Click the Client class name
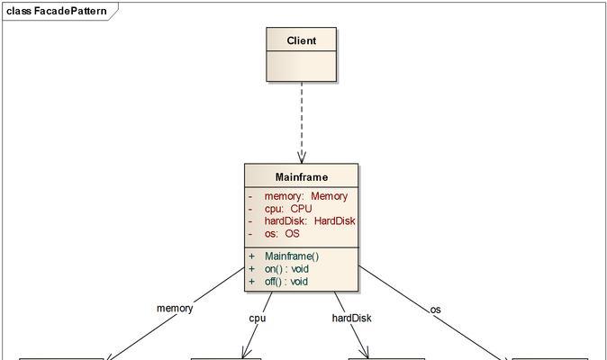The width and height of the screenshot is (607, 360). pyautogui.click(x=301, y=40)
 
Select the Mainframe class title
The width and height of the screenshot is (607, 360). pyautogui.click(x=302, y=177)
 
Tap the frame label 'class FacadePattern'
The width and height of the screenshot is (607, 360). pyautogui.click(x=57, y=11)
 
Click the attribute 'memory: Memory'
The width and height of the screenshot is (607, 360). pyautogui.click(x=306, y=196)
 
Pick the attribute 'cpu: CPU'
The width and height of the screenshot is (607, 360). pyautogui.click(x=288, y=209)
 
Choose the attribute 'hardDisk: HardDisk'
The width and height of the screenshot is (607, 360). pyautogui.click(x=310, y=221)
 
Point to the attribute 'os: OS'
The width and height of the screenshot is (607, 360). pyautogui.click(x=282, y=234)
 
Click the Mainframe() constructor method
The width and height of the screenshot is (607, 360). pyautogui.click(x=292, y=256)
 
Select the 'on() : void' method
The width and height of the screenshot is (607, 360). pyautogui.click(x=286, y=269)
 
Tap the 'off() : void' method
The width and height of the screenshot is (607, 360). pyautogui.click(x=286, y=282)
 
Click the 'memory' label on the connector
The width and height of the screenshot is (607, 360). pyautogui.click(x=175, y=308)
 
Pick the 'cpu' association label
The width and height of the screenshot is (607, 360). pyautogui.click(x=258, y=319)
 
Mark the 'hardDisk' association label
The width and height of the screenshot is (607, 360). pyautogui.click(x=351, y=318)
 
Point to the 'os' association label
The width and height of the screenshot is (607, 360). pyautogui.click(x=435, y=310)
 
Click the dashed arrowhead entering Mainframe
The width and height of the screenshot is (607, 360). pyautogui.click(x=302, y=157)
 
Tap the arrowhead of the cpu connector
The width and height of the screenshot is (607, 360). pyautogui.click(x=246, y=353)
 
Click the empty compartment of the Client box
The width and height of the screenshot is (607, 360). pyautogui.click(x=301, y=66)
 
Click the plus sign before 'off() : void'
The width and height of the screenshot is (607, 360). pyautogui.click(x=251, y=282)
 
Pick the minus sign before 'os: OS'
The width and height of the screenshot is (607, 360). pyautogui.click(x=250, y=234)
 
